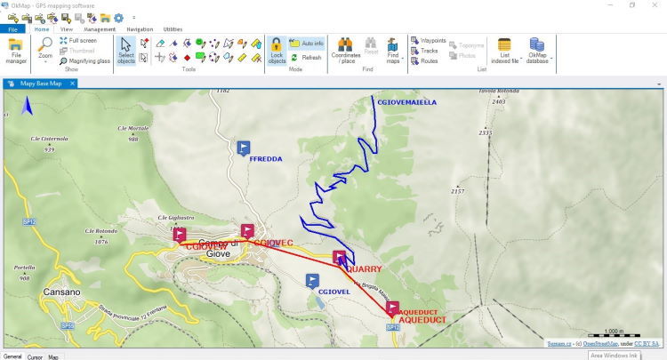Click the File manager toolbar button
coord(16,53)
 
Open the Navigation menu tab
coord(140,28)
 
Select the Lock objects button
coord(277,52)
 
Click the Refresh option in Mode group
coord(306,57)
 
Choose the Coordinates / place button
coord(345,52)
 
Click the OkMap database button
coord(537,52)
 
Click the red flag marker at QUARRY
coord(339,258)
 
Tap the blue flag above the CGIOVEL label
coord(311,281)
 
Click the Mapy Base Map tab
coord(43,84)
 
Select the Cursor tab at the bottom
coord(35,356)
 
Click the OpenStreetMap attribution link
coord(601,342)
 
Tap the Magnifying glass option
coord(84,60)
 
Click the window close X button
coord(654,5)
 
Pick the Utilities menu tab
coord(173,28)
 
